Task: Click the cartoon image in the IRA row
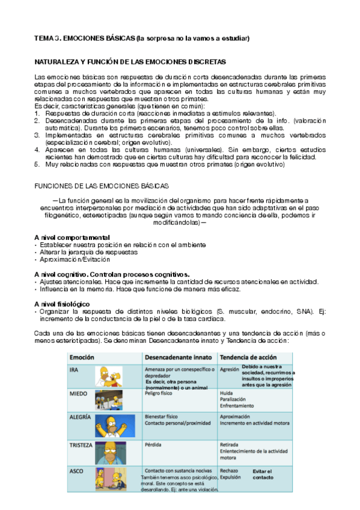pyautogui.click(x=110, y=376)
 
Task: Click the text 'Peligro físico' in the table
pyautogui.click(x=160, y=393)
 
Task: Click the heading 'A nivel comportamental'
pyautogui.click(x=72, y=238)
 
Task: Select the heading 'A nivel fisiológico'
pyautogui.click(x=63, y=304)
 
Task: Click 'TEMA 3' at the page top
pyautogui.click(x=47, y=38)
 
